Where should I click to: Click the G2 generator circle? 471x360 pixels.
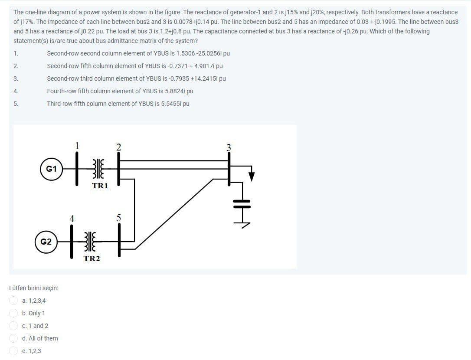pos(46,241)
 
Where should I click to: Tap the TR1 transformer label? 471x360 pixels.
pos(100,186)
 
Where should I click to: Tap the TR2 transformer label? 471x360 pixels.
pos(92,259)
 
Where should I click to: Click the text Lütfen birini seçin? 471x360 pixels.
pos(34,288)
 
